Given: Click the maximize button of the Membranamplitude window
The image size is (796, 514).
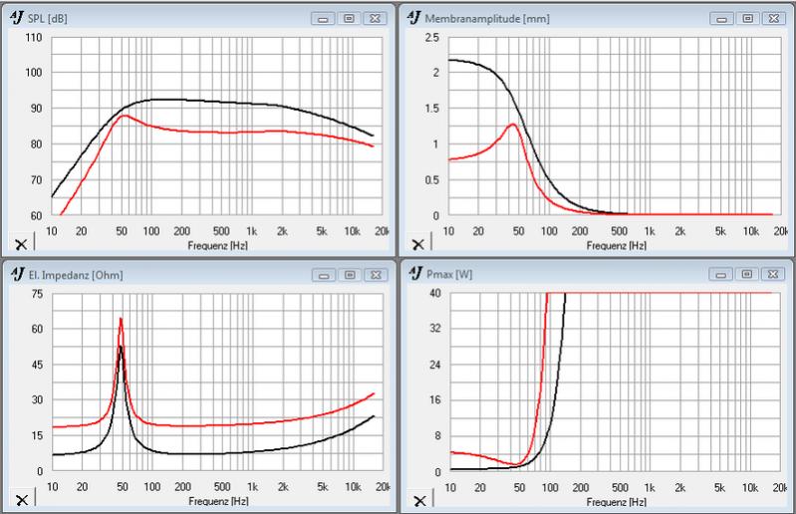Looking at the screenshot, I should point(747,18).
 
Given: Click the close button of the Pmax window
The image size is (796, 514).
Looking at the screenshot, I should point(772,274).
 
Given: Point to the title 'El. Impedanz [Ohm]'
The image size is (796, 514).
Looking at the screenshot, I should point(68,274).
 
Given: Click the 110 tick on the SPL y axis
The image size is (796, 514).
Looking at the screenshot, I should point(33,37).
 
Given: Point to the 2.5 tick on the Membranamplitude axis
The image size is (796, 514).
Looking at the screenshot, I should point(431,37).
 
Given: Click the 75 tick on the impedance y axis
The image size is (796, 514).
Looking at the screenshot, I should point(36,293).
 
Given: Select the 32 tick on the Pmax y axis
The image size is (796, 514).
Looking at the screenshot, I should point(433,329).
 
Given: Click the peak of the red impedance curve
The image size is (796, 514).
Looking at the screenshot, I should point(121,319).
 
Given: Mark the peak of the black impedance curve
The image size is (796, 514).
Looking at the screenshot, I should point(122,346).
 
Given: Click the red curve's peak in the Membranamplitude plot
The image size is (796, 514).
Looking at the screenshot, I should point(513,125).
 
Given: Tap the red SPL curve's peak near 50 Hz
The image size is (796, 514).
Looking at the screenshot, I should point(124,116).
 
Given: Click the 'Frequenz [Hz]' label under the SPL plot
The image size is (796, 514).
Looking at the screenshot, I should point(212,244).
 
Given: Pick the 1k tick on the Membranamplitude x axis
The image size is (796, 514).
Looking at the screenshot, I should point(650,231).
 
